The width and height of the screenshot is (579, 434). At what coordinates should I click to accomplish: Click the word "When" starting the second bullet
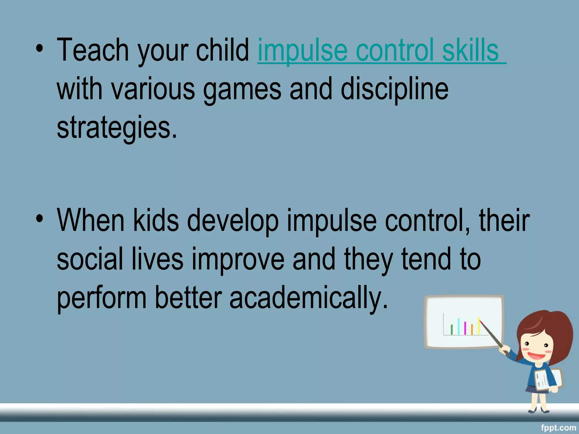pyautogui.click(x=90, y=220)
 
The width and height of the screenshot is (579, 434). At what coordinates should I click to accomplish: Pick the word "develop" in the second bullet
pyautogui.click(x=233, y=221)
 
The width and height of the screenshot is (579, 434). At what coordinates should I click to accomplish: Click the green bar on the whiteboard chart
pyautogui.click(x=451, y=329)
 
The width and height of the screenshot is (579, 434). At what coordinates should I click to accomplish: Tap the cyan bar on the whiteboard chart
pyautogui.click(x=458, y=327)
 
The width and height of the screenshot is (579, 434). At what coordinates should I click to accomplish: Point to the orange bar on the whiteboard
pyautogui.click(x=472, y=329)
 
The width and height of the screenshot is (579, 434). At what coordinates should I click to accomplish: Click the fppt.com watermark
pyautogui.click(x=558, y=428)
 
